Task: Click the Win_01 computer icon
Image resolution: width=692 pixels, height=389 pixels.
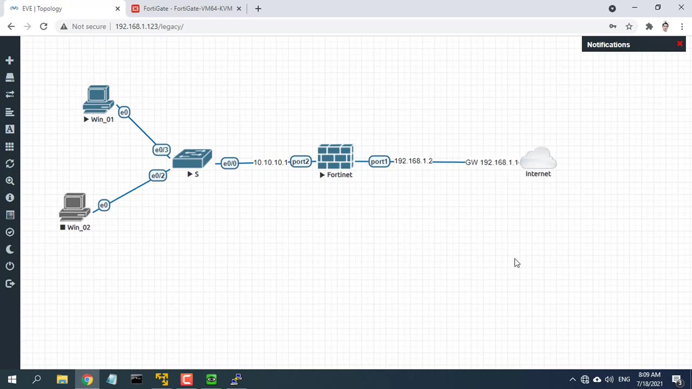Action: pos(98,99)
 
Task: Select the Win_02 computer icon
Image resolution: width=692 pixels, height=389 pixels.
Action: pos(75,207)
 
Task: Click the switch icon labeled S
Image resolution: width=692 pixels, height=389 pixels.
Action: pos(192,159)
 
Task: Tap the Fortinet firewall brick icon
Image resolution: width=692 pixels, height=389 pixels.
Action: pos(335,157)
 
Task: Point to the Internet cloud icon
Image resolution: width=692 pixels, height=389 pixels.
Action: pos(538,158)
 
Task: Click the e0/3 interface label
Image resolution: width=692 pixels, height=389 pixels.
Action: pos(162,150)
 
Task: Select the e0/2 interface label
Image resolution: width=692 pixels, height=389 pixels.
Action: pos(158,175)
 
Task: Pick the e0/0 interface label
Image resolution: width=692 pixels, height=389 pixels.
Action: pos(230,163)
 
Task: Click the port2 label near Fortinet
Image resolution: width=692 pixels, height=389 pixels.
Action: pos(301,162)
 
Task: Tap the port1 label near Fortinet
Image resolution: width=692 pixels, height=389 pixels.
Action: pos(379,162)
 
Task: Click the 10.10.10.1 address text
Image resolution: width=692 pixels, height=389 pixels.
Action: pos(270,162)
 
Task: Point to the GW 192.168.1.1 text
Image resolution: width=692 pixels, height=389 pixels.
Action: pos(491,162)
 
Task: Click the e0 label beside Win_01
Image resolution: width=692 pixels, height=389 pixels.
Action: pos(124,112)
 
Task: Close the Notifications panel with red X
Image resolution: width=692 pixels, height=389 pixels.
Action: pos(680,44)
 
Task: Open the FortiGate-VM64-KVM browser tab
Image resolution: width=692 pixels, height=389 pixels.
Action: pos(187,9)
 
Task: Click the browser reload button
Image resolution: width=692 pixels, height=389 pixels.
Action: pos(44,26)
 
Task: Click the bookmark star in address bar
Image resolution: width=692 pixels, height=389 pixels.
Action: pos(629,26)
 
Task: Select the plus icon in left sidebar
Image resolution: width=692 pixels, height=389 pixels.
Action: pos(10,61)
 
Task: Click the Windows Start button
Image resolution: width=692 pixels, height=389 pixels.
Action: pos(12,379)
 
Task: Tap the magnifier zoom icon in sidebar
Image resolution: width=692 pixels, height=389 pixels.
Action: pos(10,181)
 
